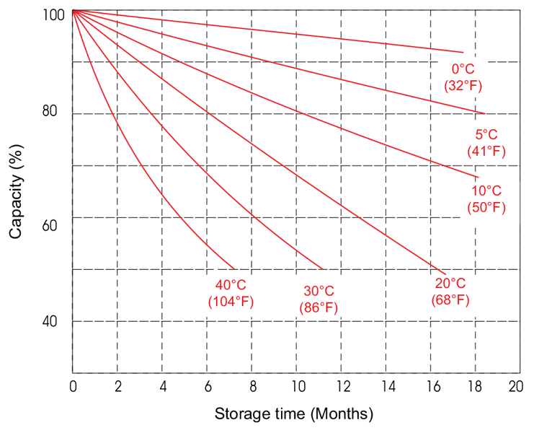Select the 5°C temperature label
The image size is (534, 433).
pyautogui.click(x=486, y=135)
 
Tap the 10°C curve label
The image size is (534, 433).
pyautogui.click(x=486, y=191)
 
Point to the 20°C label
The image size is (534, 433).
pyautogui.click(x=450, y=284)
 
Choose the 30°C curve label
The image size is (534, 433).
pyautogui.click(x=319, y=292)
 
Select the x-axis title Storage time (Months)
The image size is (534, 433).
pyautogui.click(x=294, y=414)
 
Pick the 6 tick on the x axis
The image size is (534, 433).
pyautogui.click(x=208, y=385)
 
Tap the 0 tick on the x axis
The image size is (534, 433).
pyautogui.click(x=73, y=385)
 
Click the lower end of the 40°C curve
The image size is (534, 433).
pyautogui.click(x=235, y=268)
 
